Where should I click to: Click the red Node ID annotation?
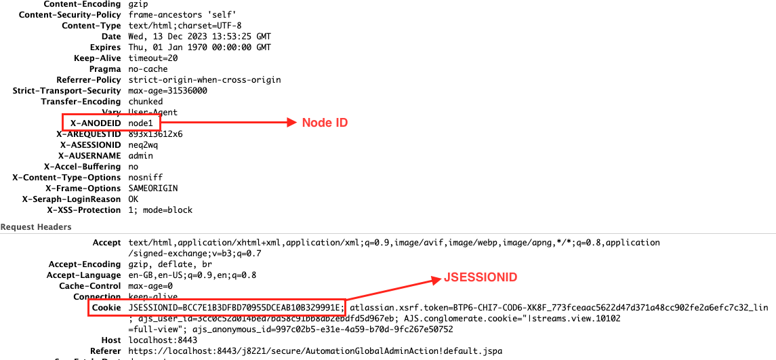click(x=325, y=123)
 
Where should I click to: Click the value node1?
click(x=142, y=123)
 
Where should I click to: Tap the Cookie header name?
click(x=107, y=308)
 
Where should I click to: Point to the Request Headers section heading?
click(x=36, y=226)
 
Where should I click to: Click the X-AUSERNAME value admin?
click(x=140, y=156)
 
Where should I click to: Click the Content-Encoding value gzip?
click(x=138, y=4)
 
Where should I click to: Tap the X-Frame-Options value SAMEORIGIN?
click(x=152, y=188)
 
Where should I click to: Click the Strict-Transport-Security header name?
click(x=66, y=91)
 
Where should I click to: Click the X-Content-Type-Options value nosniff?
click(x=143, y=178)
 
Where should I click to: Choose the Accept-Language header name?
click(x=83, y=275)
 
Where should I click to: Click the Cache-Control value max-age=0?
click(x=150, y=286)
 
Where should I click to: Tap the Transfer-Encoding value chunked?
click(x=145, y=102)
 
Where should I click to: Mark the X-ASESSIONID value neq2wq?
click(x=142, y=145)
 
